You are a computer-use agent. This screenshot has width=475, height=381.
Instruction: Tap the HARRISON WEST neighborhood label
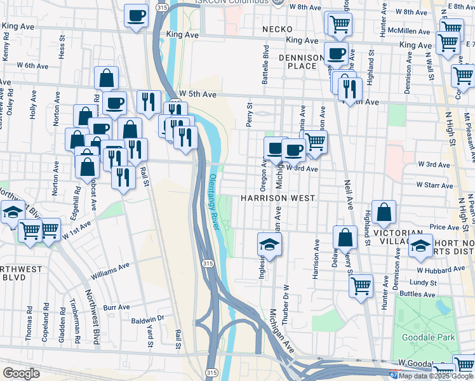click(x=278, y=198)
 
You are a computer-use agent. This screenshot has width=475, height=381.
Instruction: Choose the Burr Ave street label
click(x=117, y=307)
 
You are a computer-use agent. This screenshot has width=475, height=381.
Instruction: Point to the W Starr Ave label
click(x=434, y=185)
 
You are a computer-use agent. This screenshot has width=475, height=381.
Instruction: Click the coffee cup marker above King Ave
click(x=135, y=15)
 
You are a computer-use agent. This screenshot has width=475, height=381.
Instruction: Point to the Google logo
click(x=21, y=373)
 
